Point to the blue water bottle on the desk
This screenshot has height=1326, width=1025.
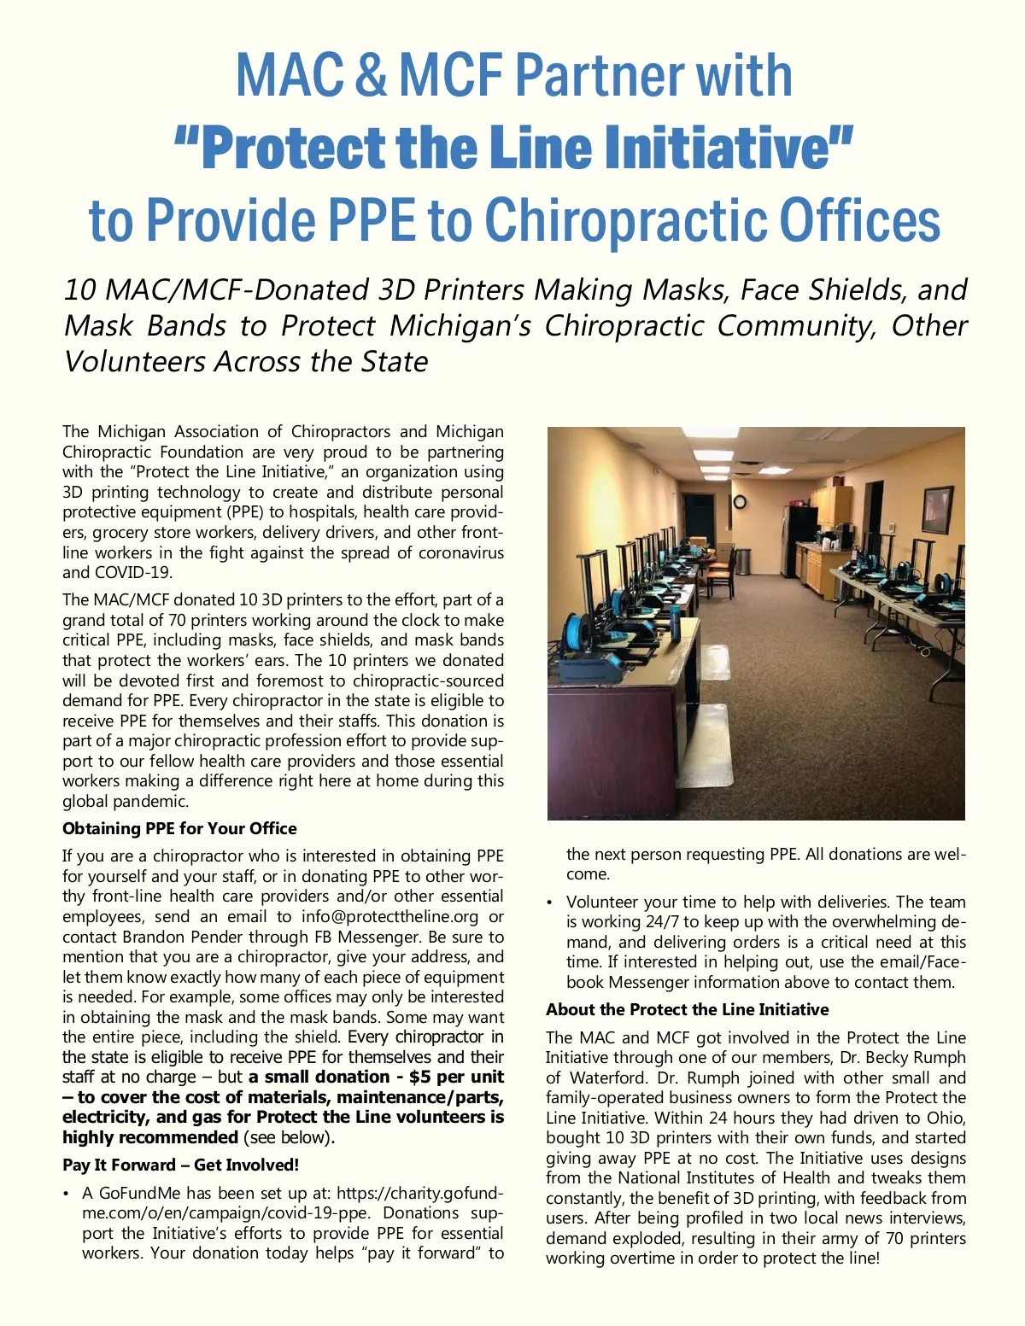click(676, 623)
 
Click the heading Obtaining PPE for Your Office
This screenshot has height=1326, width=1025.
click(179, 828)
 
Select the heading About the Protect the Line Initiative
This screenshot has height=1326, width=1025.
click(687, 1009)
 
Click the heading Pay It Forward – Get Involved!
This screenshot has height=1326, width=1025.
click(180, 1165)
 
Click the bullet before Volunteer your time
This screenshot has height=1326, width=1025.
click(551, 902)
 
